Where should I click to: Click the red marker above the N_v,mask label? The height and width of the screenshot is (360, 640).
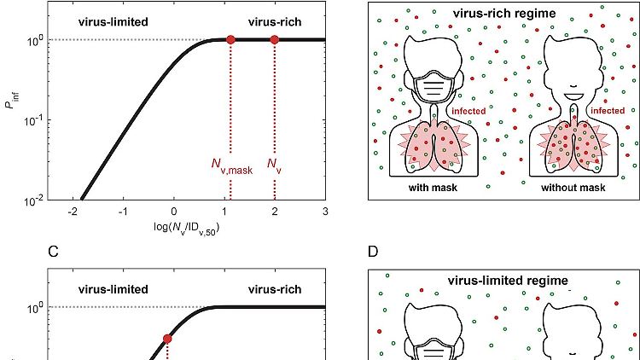click(230, 39)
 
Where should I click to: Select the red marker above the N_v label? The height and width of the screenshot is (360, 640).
click(274, 39)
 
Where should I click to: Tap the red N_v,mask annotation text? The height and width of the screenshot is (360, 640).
click(232, 164)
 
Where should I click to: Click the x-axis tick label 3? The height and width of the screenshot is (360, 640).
click(325, 211)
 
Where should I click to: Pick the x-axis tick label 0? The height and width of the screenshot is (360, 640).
click(174, 211)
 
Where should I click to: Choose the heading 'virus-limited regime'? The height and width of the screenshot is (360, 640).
click(508, 280)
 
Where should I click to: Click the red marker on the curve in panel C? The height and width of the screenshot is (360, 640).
click(167, 339)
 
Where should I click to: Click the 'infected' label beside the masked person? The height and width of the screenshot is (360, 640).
click(468, 111)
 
